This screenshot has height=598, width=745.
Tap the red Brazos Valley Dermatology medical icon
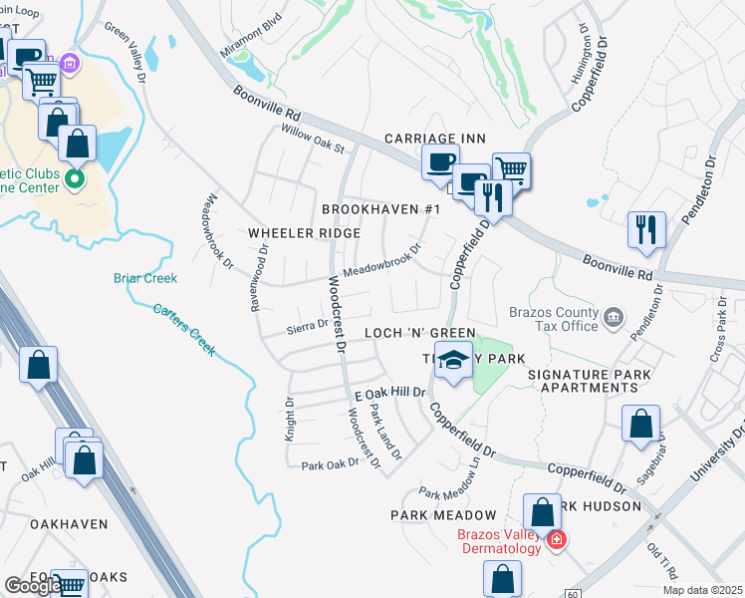(x=556, y=540)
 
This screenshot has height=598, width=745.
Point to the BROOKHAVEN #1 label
(x=380, y=209)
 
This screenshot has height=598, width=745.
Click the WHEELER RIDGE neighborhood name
(x=304, y=233)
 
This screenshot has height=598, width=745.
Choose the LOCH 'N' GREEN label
(x=419, y=333)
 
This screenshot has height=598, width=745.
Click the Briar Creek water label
(x=145, y=278)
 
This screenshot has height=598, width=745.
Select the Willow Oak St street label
(x=312, y=141)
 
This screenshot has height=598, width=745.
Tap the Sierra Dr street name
(x=307, y=325)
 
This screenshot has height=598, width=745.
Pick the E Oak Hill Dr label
(x=390, y=395)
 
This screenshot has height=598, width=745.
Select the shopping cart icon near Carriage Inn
(x=511, y=169)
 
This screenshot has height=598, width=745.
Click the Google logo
(x=33, y=586)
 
